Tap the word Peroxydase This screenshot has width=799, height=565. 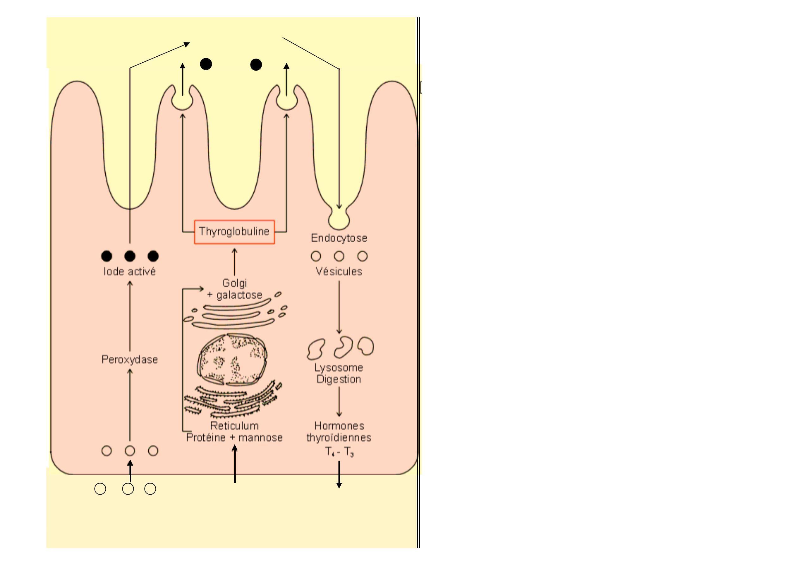tap(130, 360)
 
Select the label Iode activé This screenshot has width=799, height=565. tap(129, 272)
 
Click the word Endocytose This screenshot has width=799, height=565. tap(339, 238)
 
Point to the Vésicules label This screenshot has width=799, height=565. tap(339, 271)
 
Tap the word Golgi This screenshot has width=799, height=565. tap(235, 283)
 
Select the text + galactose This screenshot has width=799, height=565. tap(235, 295)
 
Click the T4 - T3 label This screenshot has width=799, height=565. tap(339, 452)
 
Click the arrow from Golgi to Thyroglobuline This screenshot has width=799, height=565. tap(235, 262)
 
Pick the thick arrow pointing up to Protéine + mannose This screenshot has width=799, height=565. tap(235, 464)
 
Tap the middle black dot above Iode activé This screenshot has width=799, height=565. tap(130, 256)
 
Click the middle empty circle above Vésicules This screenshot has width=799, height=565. tap(339, 256)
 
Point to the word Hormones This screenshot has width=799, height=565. tap(339, 426)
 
